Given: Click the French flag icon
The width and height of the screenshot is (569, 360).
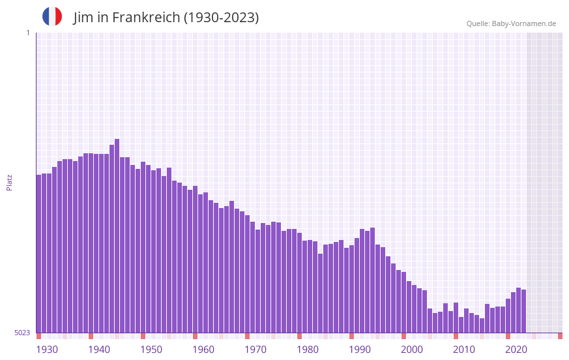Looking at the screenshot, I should point(52,16).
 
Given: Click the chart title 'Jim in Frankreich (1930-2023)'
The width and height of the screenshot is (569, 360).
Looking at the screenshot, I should point(166,18).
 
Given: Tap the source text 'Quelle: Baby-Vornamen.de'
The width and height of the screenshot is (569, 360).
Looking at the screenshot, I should point(511,23).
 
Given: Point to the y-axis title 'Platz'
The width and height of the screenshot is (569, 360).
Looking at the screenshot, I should point(9,182).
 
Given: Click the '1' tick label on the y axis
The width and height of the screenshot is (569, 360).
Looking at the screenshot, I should point(27,33).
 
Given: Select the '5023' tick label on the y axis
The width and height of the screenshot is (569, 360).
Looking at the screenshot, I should point(22,333).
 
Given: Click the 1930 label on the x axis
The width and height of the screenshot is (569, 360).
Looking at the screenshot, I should point(47,350).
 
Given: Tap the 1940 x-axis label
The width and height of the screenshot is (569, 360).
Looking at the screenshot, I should point(99,350).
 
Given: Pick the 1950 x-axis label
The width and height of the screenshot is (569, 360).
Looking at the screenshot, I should point(151,350).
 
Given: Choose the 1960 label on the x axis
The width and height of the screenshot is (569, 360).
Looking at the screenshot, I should point(203,350).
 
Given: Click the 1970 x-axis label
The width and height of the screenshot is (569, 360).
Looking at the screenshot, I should point(255,350).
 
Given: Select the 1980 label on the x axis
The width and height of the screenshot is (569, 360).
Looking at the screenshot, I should point(308,350).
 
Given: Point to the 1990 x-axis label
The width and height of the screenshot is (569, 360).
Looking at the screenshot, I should point(360,350).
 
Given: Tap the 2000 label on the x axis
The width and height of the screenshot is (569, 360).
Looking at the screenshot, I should point(412,350).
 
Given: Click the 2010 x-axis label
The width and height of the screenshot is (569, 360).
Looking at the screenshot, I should point(464,350).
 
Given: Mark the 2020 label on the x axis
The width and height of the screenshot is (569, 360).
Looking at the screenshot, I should point(516,350).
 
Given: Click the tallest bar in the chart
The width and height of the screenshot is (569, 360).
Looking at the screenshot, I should point(117,235).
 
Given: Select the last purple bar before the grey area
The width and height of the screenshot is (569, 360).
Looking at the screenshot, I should point(524,311).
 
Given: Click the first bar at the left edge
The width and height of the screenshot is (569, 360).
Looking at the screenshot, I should point(39,254).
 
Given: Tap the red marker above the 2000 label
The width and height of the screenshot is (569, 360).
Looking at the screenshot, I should point(404,336).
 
